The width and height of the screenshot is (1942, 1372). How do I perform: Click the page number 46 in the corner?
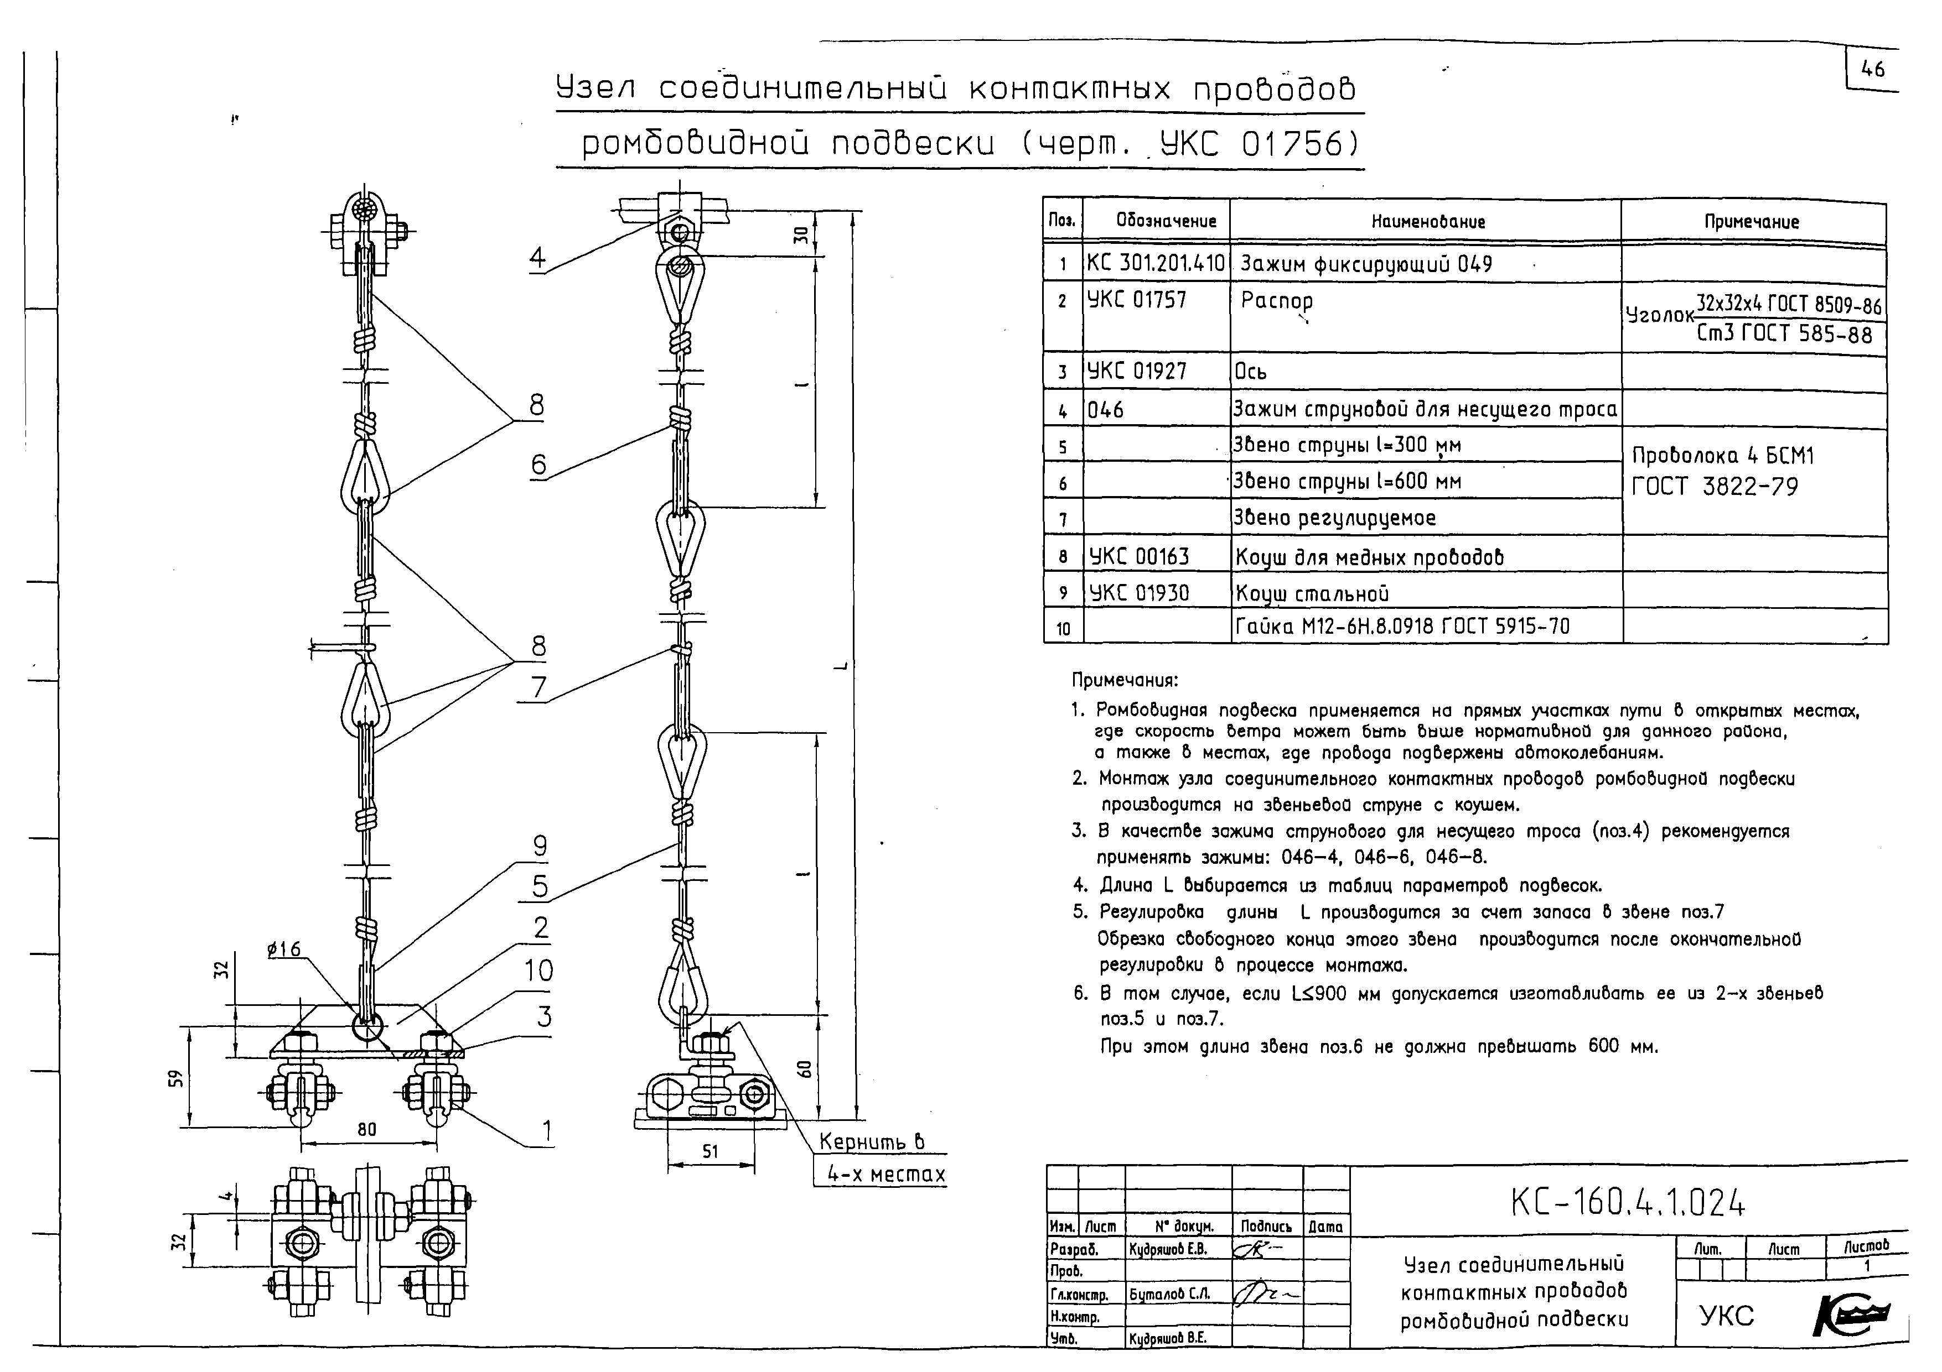(1873, 69)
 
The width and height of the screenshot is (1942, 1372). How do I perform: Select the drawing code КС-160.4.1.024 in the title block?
(1627, 1202)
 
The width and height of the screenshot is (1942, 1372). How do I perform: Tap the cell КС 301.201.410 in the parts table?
(1156, 264)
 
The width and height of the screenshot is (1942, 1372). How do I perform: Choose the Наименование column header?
(1428, 222)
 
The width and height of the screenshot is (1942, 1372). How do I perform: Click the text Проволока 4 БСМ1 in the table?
(1722, 456)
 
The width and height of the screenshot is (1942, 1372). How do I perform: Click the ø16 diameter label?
(284, 950)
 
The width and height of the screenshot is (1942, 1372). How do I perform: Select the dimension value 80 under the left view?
(366, 1129)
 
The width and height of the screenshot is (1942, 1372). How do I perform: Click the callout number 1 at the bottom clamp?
(546, 1130)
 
